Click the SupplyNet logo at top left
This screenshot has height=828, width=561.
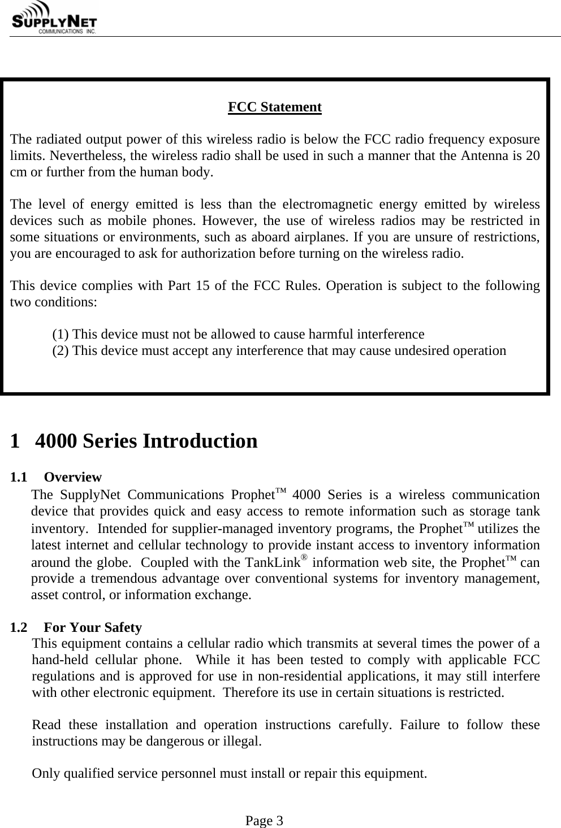click(x=54, y=19)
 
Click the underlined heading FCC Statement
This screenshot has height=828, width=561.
click(x=274, y=107)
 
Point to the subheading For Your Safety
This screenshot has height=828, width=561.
click(x=93, y=627)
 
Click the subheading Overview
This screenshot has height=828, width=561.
click(x=72, y=478)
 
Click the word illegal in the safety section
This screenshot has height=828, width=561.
click(x=243, y=741)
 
